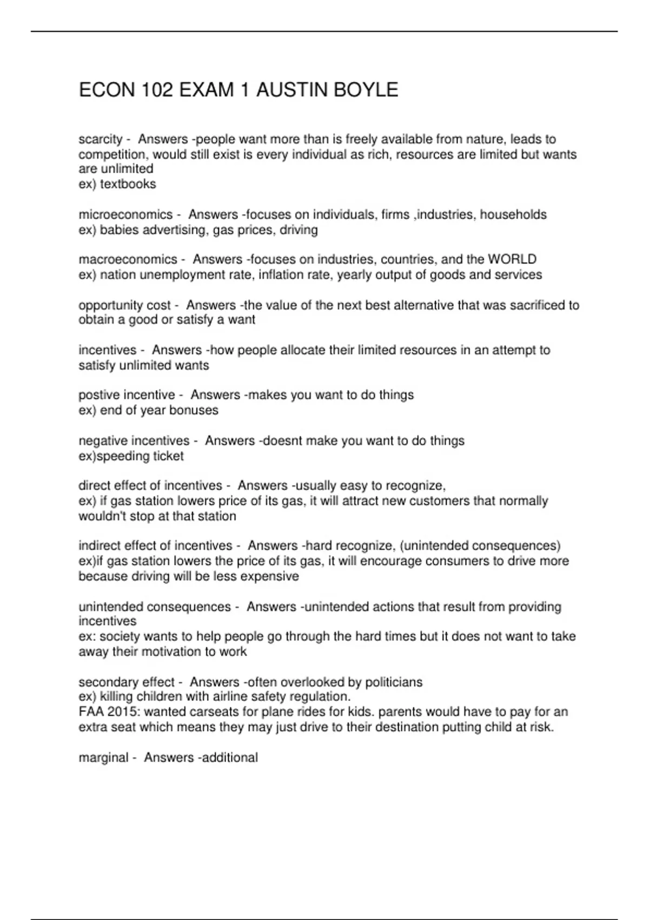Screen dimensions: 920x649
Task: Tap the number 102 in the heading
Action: tap(157, 90)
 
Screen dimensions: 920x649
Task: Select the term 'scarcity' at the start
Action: tap(101, 140)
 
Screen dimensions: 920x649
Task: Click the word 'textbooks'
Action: tap(128, 184)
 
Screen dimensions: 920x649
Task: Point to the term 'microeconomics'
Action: tap(125, 215)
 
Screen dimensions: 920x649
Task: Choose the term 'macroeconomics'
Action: tap(128, 259)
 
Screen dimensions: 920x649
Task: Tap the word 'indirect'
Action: tap(100, 546)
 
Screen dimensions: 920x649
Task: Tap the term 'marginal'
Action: tap(103, 758)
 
